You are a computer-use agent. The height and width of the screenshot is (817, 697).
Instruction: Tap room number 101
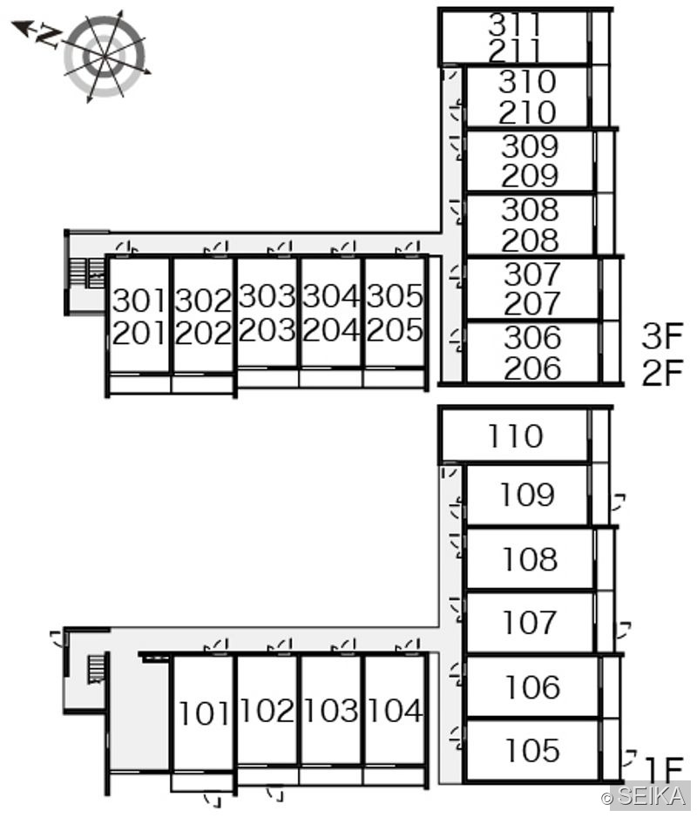pyautogui.click(x=203, y=713)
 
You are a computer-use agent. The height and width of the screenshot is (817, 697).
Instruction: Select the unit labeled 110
pyautogui.click(x=515, y=436)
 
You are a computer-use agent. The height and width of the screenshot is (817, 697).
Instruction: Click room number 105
pyautogui.click(x=532, y=750)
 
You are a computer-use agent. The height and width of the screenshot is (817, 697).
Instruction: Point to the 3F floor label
pyautogui.click(x=662, y=336)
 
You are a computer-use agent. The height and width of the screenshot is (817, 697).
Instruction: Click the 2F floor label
pyautogui.click(x=662, y=372)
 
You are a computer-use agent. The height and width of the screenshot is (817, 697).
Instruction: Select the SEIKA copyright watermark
pyautogui.click(x=644, y=795)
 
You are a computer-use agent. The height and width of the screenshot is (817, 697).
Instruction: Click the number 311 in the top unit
pyautogui.click(x=515, y=24)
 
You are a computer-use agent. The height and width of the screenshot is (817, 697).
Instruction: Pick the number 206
pyautogui.click(x=532, y=368)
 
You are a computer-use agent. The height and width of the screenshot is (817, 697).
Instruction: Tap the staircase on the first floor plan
pyautogui.click(x=96, y=669)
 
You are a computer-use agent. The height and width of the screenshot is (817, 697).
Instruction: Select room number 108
pyautogui.click(x=530, y=559)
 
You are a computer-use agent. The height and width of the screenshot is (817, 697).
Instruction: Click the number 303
pyautogui.click(x=267, y=296)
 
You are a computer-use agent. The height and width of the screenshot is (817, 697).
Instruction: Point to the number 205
pyautogui.click(x=394, y=330)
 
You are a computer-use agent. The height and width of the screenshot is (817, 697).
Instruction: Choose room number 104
pyautogui.click(x=396, y=711)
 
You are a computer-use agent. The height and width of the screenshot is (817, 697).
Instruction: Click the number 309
pyautogui.click(x=530, y=146)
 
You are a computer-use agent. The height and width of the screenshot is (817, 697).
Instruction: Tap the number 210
pyautogui.click(x=527, y=112)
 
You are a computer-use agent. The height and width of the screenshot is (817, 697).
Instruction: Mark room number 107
pyautogui.click(x=529, y=622)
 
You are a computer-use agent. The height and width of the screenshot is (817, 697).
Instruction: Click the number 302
pyautogui.click(x=203, y=300)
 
